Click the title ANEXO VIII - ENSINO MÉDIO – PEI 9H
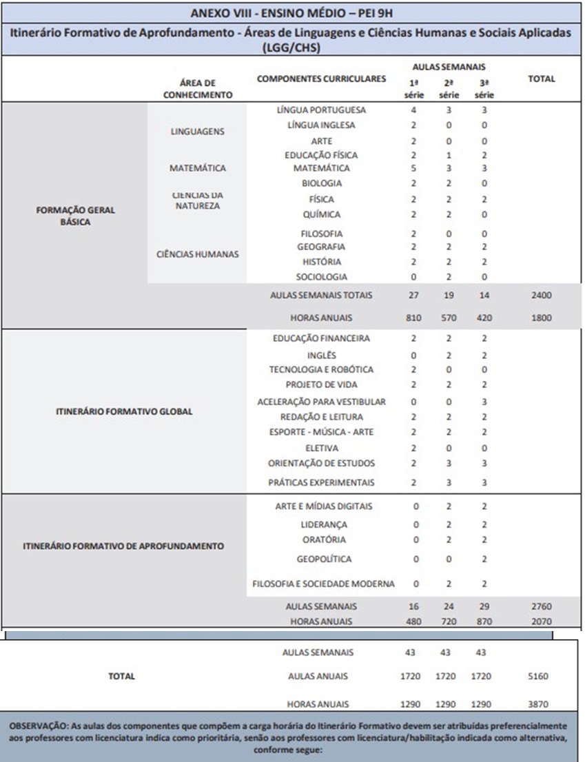point(292,12)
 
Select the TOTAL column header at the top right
point(541,79)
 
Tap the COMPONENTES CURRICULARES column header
point(321,79)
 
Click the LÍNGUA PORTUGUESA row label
point(321,110)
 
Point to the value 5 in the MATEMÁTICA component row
point(414,168)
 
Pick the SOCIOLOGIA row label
point(321,277)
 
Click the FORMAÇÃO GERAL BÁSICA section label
point(74,216)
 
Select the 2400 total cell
point(541,296)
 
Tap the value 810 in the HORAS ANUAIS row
point(414,319)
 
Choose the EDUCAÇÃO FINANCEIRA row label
point(321,339)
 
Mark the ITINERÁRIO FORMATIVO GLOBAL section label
point(123,411)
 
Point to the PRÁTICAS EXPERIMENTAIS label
point(321,483)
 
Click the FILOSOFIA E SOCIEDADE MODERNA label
point(324,584)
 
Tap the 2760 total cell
point(541,607)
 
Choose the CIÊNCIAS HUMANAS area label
point(197,254)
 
